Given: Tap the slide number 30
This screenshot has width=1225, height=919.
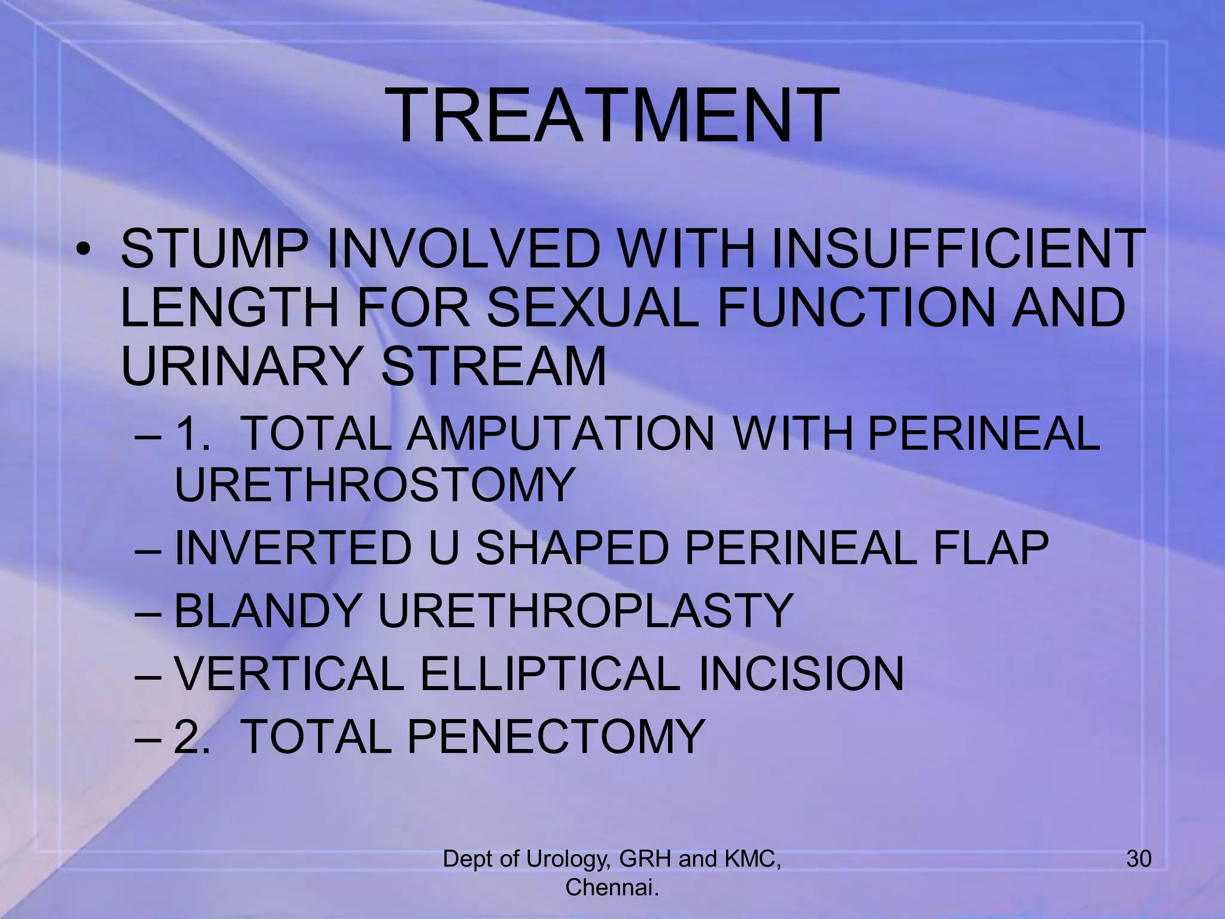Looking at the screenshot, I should (1138, 859).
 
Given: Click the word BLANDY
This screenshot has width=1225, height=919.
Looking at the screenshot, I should (267, 611).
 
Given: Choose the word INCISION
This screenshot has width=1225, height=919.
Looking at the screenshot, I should (801, 674).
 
